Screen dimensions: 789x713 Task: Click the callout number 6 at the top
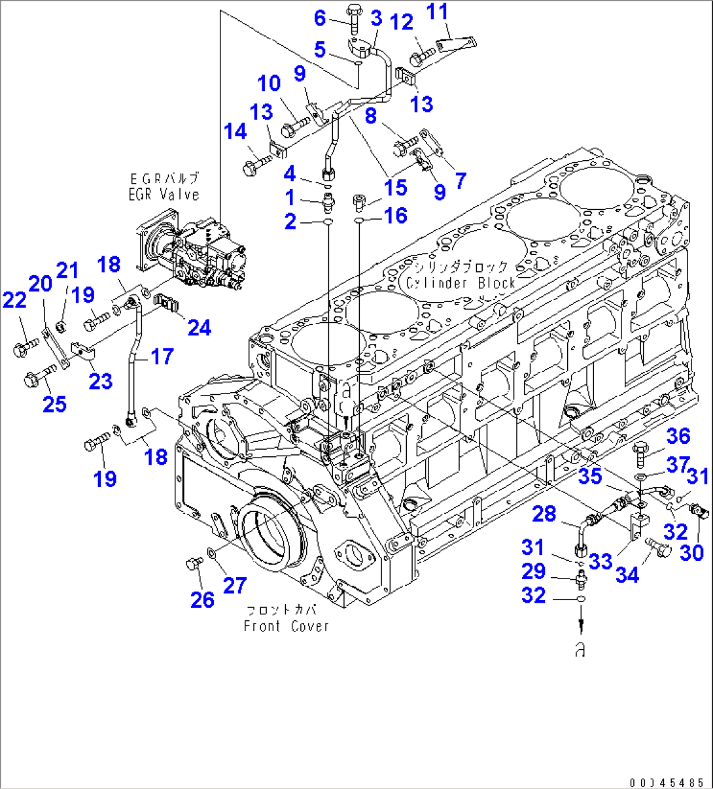tap(319, 18)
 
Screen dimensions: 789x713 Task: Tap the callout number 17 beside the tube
tap(161, 357)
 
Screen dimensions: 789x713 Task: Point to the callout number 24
tap(199, 327)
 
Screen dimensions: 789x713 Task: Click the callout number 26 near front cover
tap(202, 599)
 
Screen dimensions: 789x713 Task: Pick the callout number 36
tap(678, 436)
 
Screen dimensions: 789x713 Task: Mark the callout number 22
tap(14, 300)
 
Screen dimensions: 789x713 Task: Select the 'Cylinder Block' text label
tap(460, 283)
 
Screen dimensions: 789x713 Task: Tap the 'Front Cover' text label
tap(286, 626)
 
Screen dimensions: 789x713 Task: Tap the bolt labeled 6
tap(353, 17)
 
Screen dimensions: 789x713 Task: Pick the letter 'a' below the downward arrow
tap(580, 650)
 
